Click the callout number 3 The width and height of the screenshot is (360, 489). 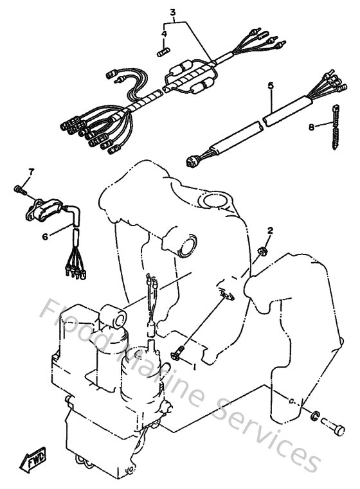click(172, 12)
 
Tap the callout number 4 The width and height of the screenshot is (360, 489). click(164, 33)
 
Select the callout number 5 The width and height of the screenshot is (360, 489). click(271, 85)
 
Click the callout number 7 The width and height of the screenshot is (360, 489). click(30, 171)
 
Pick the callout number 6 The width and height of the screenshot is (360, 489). click(45, 237)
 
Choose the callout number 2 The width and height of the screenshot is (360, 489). click(271, 230)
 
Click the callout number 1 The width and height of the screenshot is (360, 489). click(193, 365)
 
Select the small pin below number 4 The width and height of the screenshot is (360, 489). click(164, 46)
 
